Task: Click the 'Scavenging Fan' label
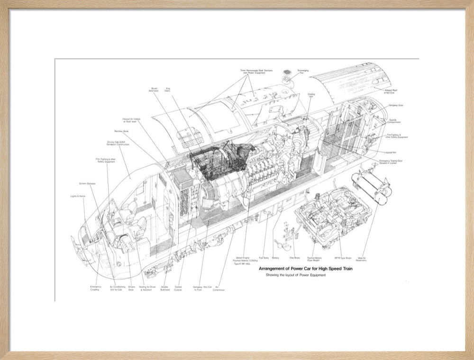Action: pos(303,72)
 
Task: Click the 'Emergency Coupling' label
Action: pos(95,288)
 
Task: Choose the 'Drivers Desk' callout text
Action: pos(131,288)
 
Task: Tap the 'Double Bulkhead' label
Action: pos(165,288)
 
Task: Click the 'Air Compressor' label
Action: pos(219,288)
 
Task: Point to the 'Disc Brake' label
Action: pos(294,258)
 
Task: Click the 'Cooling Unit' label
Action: pos(311,96)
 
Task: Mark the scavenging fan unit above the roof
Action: pos(287,75)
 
